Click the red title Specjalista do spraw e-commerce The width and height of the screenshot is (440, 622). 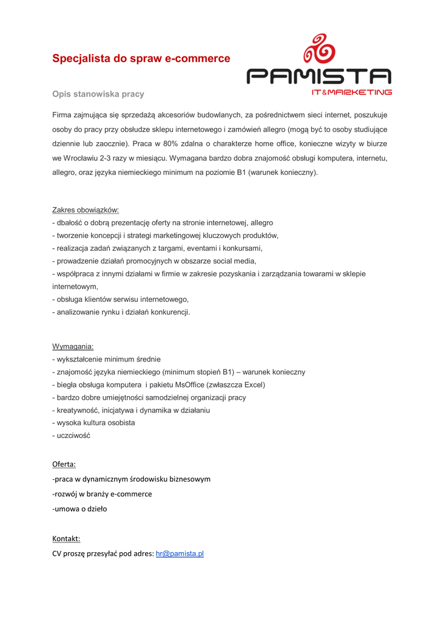pyautogui.click(x=141, y=59)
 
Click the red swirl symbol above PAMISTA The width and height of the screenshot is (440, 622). pyautogui.click(x=319, y=50)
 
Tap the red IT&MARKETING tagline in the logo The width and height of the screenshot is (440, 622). pyautogui.click(x=351, y=92)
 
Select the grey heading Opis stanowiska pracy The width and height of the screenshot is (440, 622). pyautogui.click(x=98, y=94)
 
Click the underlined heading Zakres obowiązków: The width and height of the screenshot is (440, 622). pyautogui.click(x=86, y=210)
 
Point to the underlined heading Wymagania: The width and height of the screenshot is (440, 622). pyautogui.click(x=73, y=346)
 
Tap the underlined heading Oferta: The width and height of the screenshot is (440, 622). pyautogui.click(x=64, y=464)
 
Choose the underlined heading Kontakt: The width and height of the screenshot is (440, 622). pyautogui.click(x=66, y=538)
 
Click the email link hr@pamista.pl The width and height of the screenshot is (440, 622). pyautogui.click(x=180, y=553)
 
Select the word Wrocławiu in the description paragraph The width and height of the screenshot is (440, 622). pyautogui.click(x=84, y=158)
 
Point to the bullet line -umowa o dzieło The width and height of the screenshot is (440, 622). pyautogui.click(x=80, y=508)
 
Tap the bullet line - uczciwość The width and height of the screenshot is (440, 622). pyautogui.click(x=71, y=436)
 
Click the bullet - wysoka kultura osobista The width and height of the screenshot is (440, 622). pyautogui.click(x=93, y=423)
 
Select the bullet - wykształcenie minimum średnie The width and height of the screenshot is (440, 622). pyautogui.click(x=106, y=359)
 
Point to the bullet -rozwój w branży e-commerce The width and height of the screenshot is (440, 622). pyautogui.click(x=102, y=494)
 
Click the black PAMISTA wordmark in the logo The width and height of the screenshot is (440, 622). pyautogui.click(x=319, y=77)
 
